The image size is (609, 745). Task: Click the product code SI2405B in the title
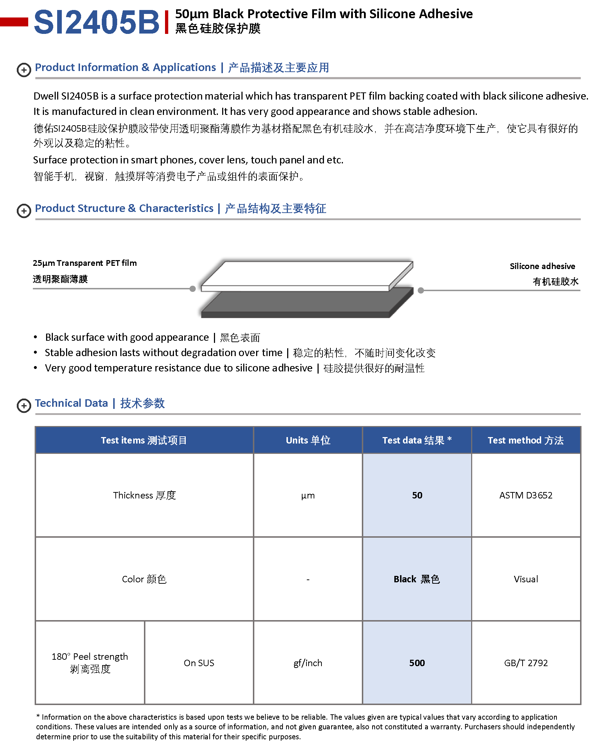[x=96, y=22]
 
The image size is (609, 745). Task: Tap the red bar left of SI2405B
[x=14, y=22]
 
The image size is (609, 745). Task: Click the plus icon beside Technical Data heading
[x=24, y=405]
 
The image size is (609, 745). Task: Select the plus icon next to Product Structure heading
[x=24, y=211]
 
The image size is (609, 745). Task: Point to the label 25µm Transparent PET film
[x=85, y=263]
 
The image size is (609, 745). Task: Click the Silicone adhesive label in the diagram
[x=542, y=266]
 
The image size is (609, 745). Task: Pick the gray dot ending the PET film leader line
[x=193, y=289]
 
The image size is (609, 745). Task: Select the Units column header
[x=308, y=440]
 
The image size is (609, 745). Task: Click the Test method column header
[x=525, y=440]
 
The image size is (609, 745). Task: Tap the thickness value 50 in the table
[x=417, y=495]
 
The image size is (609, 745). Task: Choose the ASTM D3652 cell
[x=525, y=495]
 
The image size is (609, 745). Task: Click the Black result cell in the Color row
[x=417, y=579]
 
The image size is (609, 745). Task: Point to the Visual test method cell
[x=525, y=579]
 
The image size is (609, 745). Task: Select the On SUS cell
[x=199, y=663]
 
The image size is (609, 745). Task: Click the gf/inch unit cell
[x=308, y=663]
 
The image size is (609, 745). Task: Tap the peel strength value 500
[x=417, y=663]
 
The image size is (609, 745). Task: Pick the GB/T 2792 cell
[x=525, y=663]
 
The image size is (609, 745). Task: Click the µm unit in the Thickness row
[x=308, y=495]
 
